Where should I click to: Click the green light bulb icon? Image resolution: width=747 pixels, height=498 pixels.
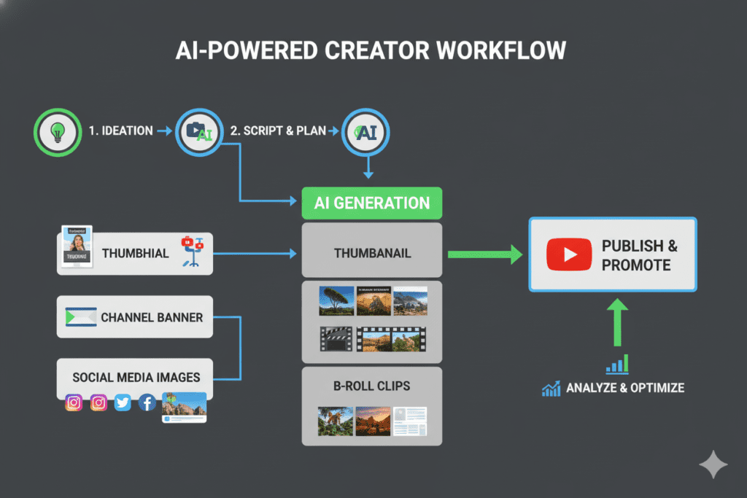pyautogui.click(x=55, y=131)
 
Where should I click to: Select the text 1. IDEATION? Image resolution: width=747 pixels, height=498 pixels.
pyautogui.click(x=120, y=131)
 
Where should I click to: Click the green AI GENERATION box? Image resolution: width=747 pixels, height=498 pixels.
pyautogui.click(x=372, y=202)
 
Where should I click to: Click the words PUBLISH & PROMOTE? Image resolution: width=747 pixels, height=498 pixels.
pyautogui.click(x=639, y=255)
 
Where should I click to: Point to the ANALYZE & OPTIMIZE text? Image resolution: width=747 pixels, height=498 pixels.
pyautogui.click(x=625, y=388)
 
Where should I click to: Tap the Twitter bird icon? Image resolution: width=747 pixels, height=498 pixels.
pyautogui.click(x=123, y=402)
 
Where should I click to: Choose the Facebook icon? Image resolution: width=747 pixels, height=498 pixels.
pyautogui.click(x=147, y=402)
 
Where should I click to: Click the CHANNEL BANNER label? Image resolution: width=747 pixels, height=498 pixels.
pyautogui.click(x=151, y=318)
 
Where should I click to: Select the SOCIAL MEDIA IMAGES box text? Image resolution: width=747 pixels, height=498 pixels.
pyautogui.click(x=136, y=378)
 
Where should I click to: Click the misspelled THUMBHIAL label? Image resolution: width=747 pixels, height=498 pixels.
pyautogui.click(x=135, y=254)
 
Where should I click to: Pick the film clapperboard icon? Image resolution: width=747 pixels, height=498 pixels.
pyautogui.click(x=336, y=338)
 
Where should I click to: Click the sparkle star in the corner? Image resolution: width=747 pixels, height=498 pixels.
pyautogui.click(x=713, y=465)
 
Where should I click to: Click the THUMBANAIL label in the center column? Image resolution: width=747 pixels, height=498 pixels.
pyautogui.click(x=372, y=254)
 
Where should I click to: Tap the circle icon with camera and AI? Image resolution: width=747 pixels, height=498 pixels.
pyautogui.click(x=199, y=131)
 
